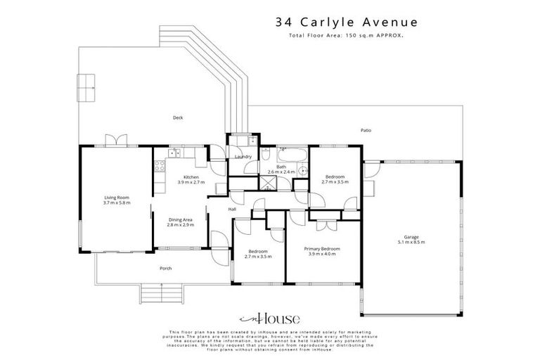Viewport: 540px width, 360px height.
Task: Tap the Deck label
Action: (178, 117)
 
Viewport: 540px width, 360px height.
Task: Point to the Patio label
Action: (365, 130)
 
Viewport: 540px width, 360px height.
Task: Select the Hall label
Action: (232, 209)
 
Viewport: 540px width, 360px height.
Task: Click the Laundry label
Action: (243, 157)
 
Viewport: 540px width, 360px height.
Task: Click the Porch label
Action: (166, 269)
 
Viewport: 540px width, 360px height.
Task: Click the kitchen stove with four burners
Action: (160, 167)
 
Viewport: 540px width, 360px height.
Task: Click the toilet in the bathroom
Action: (303, 170)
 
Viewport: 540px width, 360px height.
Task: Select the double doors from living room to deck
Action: (116, 141)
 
